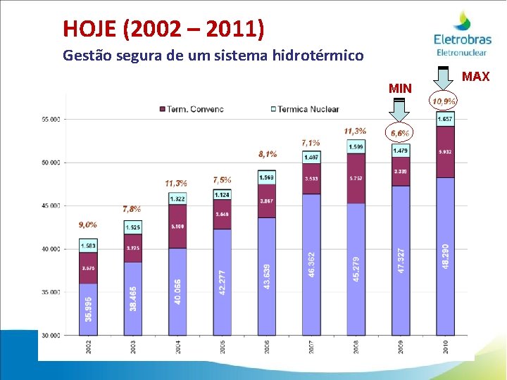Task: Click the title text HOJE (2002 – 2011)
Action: pos(163,28)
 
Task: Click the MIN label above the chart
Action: pos(400,88)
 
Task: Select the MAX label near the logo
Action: pos(476,76)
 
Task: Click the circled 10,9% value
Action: pos(444,101)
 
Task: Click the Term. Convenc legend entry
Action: pos(192,109)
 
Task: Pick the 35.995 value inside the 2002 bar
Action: pos(88,308)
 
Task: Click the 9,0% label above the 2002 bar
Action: pos(88,225)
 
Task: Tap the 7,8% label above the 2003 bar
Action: pos(132,209)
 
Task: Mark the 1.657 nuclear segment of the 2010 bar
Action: pos(445,120)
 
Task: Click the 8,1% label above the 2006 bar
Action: pos(268,154)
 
